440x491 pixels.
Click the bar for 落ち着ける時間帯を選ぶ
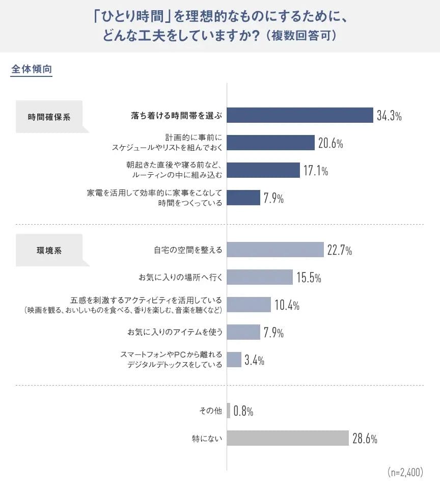coord(300,115)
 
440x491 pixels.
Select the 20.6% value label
coord(331,143)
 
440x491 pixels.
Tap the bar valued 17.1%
coord(263,170)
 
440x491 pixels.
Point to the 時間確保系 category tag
coord(49,117)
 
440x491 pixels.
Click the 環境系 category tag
coord(49,251)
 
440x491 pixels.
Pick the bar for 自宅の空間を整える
coord(275,250)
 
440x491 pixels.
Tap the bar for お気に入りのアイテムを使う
coord(243,333)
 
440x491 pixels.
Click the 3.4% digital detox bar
coord(234,360)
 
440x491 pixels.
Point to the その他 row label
coord(210,411)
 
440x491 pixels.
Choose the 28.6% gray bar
coord(288,438)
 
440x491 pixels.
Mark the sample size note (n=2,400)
coord(405,472)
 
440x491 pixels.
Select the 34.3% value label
coord(389,116)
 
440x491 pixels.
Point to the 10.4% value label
coord(287,305)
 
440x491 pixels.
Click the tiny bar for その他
coord(229,411)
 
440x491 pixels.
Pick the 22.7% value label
coord(340,250)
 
